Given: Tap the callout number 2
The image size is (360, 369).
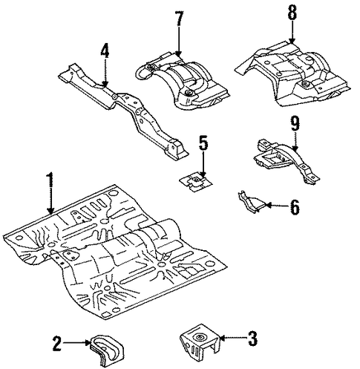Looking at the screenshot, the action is coord(57,342).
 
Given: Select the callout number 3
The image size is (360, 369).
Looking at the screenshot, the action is coord(253,339).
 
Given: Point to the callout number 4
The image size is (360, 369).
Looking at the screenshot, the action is coord(105,50).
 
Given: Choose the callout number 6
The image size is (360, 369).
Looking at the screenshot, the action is coord(294,206).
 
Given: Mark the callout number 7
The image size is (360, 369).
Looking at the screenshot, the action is coord(179,19).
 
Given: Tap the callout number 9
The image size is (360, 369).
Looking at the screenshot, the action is coord(295,124).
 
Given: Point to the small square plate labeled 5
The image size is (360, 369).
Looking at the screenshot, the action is coord(195,181).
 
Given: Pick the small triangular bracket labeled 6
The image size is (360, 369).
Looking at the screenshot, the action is coord(252,202).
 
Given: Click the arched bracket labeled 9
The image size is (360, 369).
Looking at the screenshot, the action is coord(287,160).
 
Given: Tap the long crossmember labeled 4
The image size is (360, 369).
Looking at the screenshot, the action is coord(124,111).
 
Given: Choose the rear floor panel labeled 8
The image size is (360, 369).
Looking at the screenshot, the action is coord(292,74).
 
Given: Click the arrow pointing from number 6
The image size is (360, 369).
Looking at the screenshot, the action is coord(277,205).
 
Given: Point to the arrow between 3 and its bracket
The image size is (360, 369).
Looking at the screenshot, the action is coord(232,337).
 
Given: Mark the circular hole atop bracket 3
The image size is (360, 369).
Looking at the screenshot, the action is coord(199,337).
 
